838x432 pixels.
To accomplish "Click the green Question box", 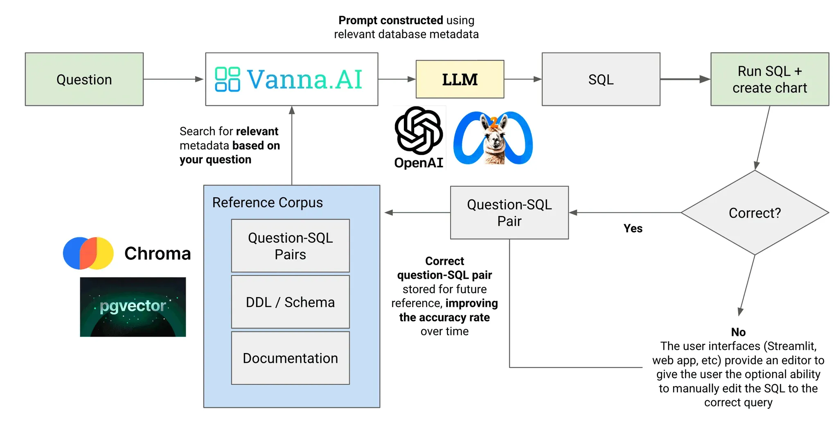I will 84,79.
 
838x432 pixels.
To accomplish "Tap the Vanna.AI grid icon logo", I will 227,79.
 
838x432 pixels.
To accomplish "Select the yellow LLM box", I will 460,79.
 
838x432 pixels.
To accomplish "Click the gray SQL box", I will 601,79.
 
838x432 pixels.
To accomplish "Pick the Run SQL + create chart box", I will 769,79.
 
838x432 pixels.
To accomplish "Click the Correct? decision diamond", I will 755,213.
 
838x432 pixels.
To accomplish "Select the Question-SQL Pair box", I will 509,213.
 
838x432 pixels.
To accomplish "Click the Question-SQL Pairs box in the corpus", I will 290,246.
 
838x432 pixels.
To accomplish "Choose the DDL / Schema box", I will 290,302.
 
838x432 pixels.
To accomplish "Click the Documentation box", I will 290,358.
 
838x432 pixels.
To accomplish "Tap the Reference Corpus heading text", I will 267,202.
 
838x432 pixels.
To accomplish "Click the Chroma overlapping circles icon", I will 88,253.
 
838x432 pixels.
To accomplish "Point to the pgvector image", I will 133,307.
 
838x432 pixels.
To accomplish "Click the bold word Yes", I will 633,228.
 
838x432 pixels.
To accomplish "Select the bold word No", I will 738,332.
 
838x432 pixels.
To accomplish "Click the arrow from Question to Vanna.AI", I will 173,79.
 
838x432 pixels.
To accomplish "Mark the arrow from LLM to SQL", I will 523,79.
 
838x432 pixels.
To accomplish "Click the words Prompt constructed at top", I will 390,20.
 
